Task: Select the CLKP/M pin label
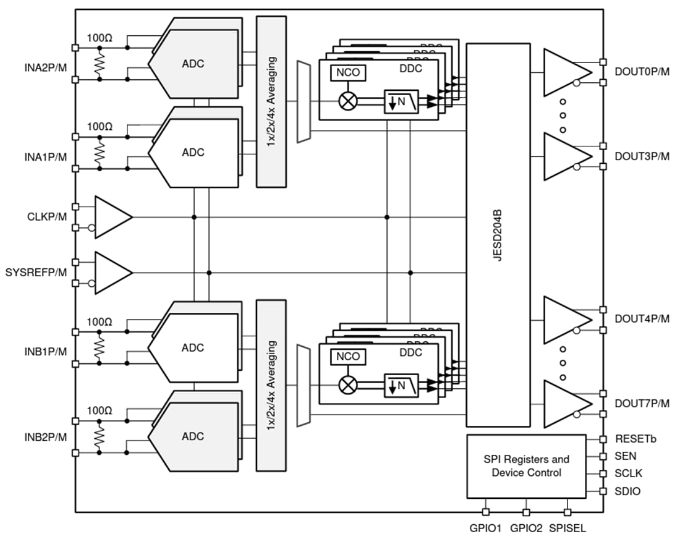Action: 47,218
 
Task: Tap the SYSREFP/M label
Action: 36,273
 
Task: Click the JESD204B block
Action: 498,235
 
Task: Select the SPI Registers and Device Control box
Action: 525,466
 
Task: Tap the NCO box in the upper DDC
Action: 348,73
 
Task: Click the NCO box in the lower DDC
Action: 348,357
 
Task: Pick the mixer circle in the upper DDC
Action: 349,101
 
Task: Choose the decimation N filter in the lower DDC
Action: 401,385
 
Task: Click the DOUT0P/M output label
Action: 642,72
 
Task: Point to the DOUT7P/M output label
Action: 642,404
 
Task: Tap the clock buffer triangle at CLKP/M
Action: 112,217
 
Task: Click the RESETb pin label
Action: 635,439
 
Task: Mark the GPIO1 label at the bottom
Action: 485,528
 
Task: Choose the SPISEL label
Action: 567,528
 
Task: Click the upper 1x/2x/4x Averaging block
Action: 271,101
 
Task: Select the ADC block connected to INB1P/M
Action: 193,347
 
